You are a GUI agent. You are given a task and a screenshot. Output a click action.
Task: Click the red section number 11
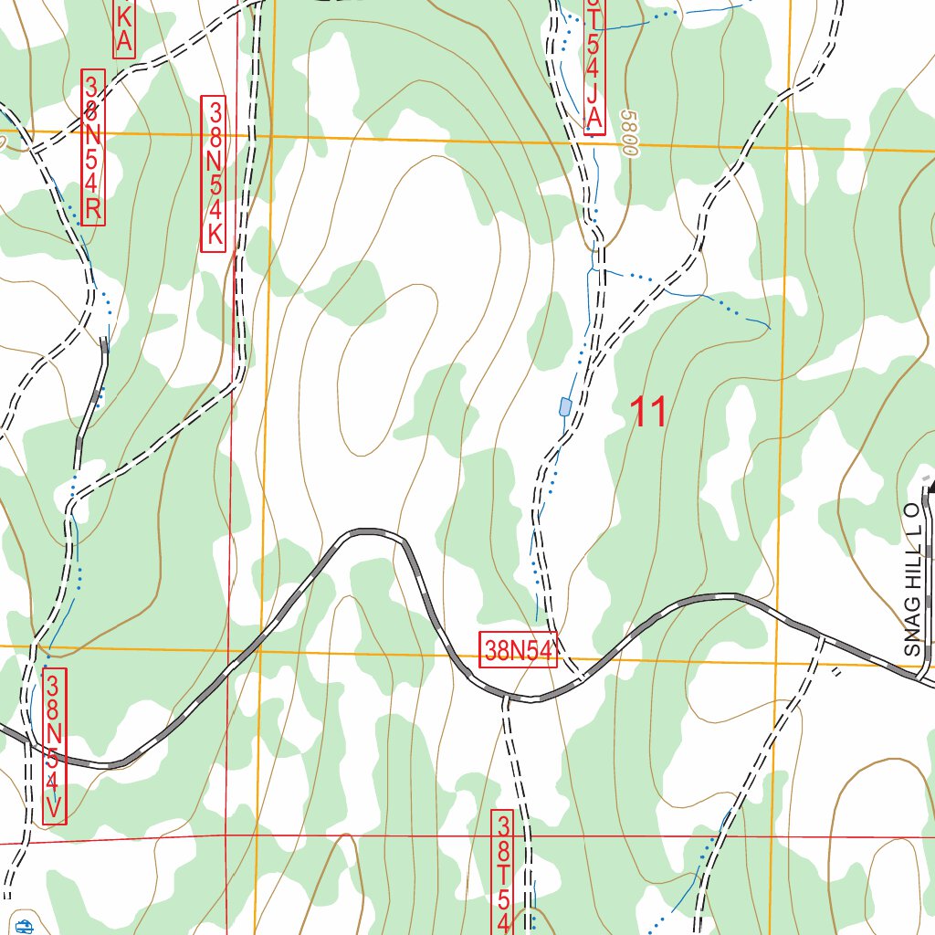pyautogui.click(x=650, y=413)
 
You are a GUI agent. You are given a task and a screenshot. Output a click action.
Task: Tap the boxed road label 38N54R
pyautogui.click(x=93, y=146)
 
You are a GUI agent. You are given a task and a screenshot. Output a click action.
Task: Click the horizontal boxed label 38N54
pyautogui.click(x=518, y=650)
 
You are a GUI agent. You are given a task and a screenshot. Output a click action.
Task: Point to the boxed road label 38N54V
pyautogui.click(x=55, y=745)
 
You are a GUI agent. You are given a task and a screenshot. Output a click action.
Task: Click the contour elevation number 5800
pyautogui.click(x=628, y=132)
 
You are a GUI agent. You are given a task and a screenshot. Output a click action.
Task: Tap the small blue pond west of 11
pyautogui.click(x=565, y=405)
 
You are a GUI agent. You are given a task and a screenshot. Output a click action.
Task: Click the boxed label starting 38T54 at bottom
pyautogui.click(x=503, y=872)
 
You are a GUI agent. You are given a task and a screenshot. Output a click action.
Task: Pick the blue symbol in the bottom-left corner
pyautogui.click(x=24, y=927)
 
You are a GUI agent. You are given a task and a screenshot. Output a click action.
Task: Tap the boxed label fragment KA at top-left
pyautogui.click(x=124, y=27)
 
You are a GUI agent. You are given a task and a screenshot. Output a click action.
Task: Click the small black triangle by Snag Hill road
pyautogui.click(x=930, y=488)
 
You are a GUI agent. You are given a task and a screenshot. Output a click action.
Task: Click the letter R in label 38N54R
pyautogui.click(x=93, y=212)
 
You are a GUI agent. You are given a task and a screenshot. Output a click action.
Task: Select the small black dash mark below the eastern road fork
pyautogui.click(x=837, y=673)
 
